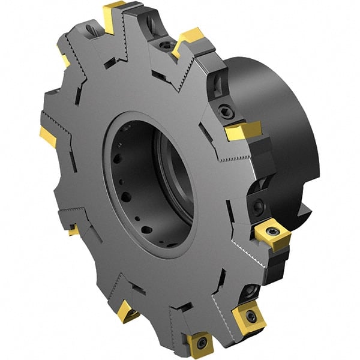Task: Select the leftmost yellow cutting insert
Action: [48, 136]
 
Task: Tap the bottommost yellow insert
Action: [199, 344]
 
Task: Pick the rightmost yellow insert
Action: [273, 236]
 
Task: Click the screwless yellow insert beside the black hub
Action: [243, 130]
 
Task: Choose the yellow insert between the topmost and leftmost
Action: [64, 57]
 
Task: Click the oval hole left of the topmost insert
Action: [91, 29]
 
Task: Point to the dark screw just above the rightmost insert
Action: [258, 206]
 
